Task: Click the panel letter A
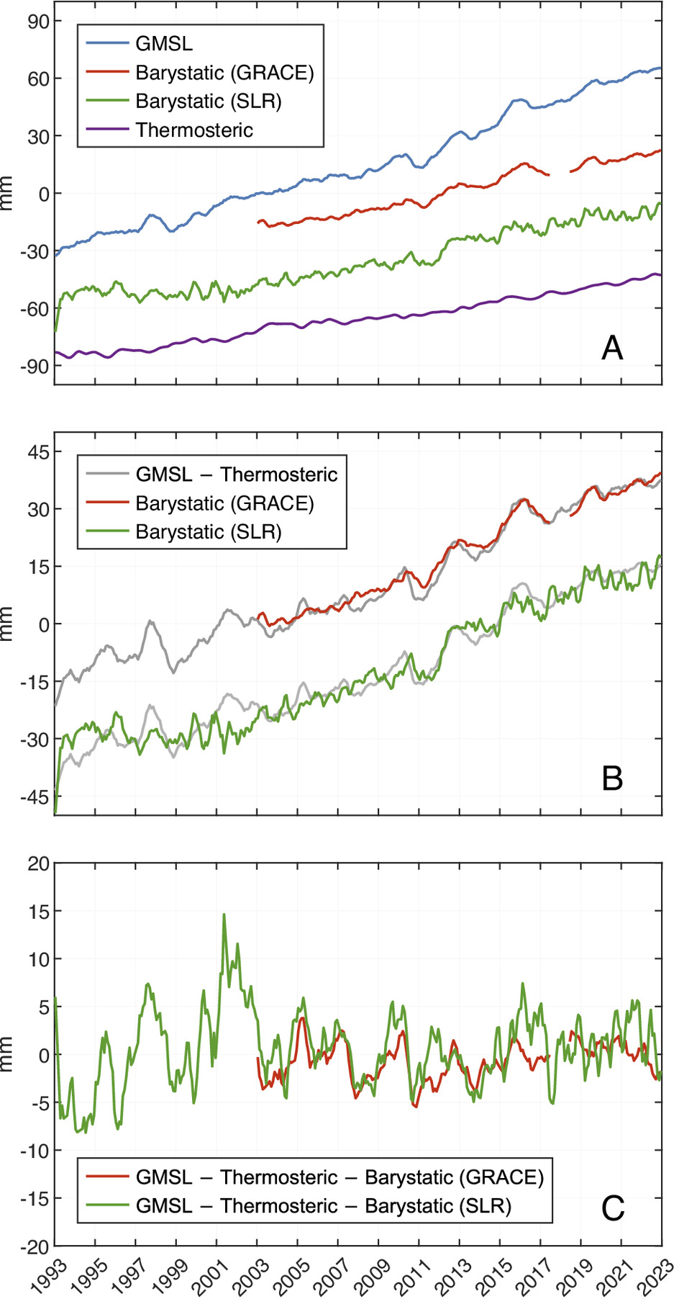(x=612, y=348)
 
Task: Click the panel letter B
(x=612, y=778)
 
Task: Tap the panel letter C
(x=612, y=1208)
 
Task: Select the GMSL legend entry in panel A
(x=164, y=44)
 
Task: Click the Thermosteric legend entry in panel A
(x=194, y=130)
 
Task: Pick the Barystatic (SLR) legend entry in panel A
(x=209, y=102)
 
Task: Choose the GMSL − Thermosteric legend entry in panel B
(x=237, y=475)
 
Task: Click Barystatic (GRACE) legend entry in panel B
(x=224, y=503)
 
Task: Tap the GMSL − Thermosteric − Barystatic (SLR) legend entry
(x=323, y=1205)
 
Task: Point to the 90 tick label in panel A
(x=39, y=21)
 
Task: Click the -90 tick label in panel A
(x=35, y=366)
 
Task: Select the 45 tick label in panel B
(x=39, y=451)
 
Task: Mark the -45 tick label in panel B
(x=35, y=796)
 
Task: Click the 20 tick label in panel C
(x=39, y=863)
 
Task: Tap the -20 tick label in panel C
(x=35, y=1246)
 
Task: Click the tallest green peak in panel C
(x=224, y=915)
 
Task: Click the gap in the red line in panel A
(x=560, y=174)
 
